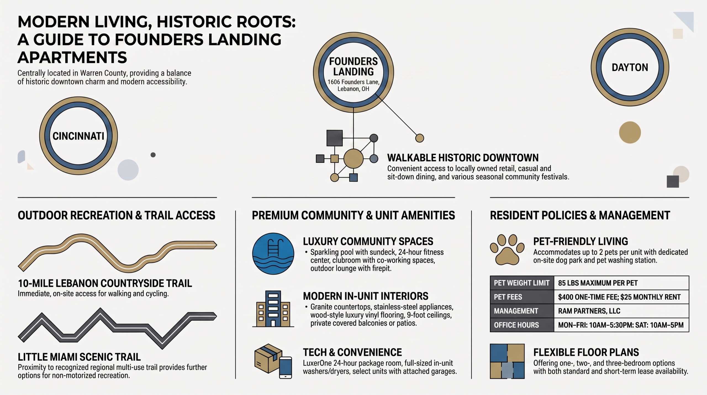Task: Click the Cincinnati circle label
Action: (78, 136)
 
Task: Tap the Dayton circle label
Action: (630, 67)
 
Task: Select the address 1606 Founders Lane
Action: (353, 82)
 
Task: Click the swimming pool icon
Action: (273, 253)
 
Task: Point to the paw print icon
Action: (507, 250)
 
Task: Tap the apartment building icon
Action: (273, 309)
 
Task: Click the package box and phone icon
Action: (273, 361)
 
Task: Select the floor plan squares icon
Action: (507, 361)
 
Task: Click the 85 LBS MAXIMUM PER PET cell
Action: (621, 283)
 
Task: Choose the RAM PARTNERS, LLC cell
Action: (621, 311)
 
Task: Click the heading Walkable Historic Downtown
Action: (463, 158)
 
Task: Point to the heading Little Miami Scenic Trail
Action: (79, 357)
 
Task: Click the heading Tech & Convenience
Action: (352, 352)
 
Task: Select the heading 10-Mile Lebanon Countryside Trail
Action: (105, 284)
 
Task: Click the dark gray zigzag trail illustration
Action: (117, 329)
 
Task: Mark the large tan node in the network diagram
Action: (353, 159)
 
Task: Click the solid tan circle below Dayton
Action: (630, 132)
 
